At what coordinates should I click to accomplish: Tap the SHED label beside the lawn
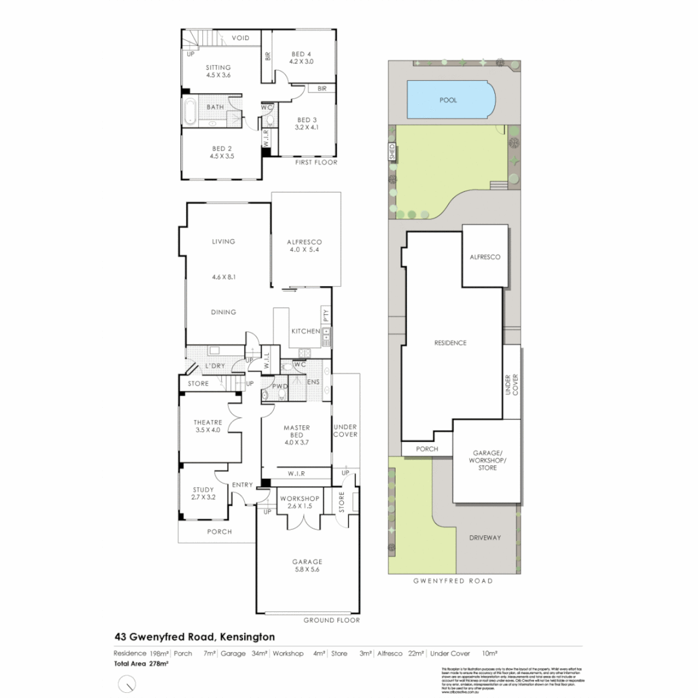[x=392, y=153]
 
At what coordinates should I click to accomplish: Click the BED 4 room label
[x=302, y=58]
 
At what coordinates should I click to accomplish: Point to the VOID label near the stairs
[x=240, y=39]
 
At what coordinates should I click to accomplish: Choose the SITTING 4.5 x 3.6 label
[x=218, y=71]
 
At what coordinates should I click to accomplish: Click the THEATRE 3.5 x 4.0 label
[x=207, y=426]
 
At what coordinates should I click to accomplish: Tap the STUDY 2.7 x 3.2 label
[x=202, y=494]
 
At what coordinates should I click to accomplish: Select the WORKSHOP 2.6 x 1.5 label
[x=299, y=503]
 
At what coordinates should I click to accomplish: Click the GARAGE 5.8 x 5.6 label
[x=306, y=566]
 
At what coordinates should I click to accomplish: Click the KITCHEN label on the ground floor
[x=306, y=332]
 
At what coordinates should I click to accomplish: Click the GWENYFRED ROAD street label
[x=452, y=581]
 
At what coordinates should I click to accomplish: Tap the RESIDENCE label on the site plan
[x=450, y=343]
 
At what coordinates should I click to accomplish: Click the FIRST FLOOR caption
[x=315, y=163]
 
